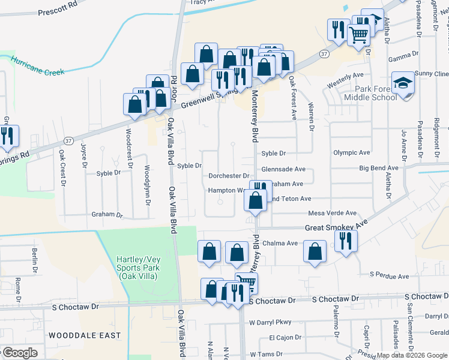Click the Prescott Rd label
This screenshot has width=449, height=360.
point(58,11)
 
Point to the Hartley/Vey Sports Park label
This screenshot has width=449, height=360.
point(137,268)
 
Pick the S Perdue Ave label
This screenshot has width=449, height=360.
point(389,276)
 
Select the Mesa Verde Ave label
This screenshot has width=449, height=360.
point(332,213)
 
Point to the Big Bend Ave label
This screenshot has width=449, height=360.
point(379,168)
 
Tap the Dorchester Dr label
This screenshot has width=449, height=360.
point(229,176)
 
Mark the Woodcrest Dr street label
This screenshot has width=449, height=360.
point(128,147)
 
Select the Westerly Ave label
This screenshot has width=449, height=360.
point(345,75)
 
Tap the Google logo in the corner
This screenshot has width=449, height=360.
point(20,353)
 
